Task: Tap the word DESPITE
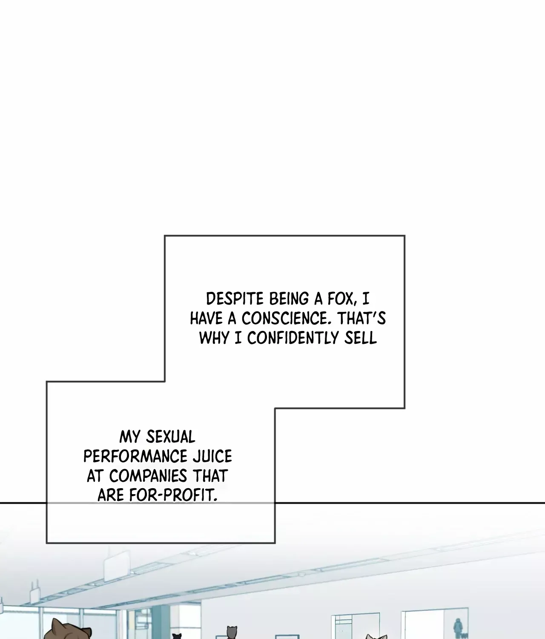click(x=235, y=299)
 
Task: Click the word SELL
click(x=361, y=338)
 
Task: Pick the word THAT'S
click(x=361, y=318)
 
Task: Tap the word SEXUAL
click(x=171, y=437)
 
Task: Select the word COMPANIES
click(x=148, y=476)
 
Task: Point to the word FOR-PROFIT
click(x=173, y=495)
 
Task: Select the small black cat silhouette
click(x=177, y=636)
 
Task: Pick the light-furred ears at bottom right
click(x=376, y=636)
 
